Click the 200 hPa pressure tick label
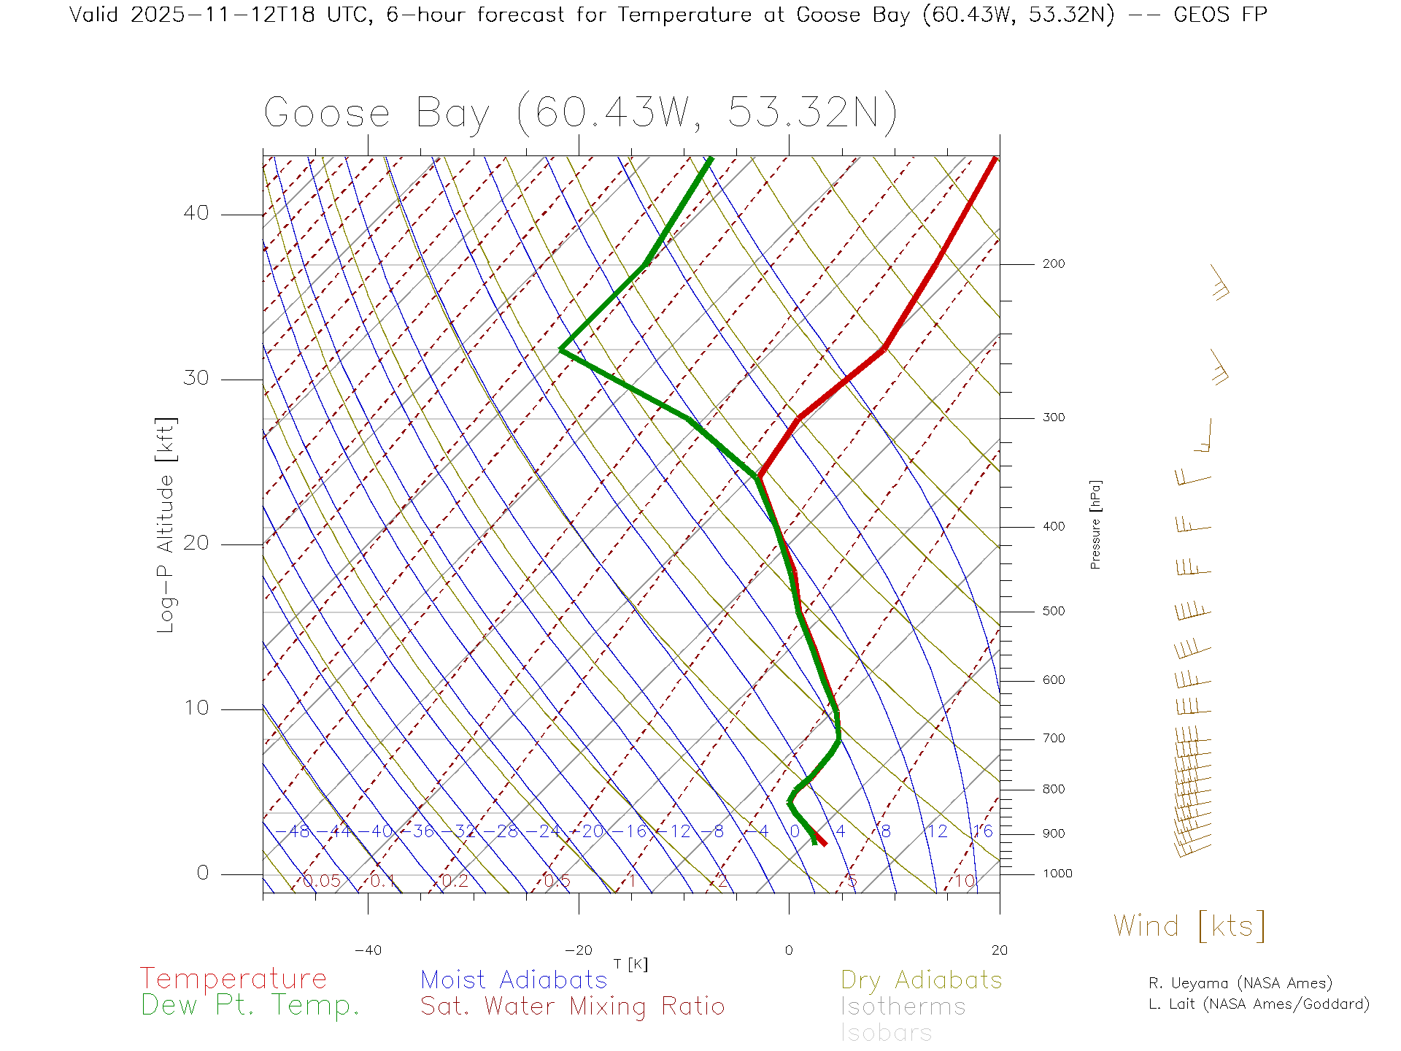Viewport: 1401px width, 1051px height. tap(1053, 264)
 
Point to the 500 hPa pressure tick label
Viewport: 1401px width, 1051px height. tap(1053, 612)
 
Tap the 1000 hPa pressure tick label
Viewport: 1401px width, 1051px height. tap(1057, 874)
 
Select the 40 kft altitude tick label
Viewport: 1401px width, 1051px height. tap(196, 213)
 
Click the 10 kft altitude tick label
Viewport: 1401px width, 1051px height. tap(196, 708)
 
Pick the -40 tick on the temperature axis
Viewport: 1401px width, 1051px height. tap(368, 950)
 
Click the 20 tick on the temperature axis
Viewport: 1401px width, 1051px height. tap(999, 950)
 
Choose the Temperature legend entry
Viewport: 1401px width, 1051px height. tap(233, 979)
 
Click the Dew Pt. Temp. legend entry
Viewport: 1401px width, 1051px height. tap(250, 1006)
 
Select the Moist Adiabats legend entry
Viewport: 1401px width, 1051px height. tap(514, 979)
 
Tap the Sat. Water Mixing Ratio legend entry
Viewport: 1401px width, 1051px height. tap(572, 1006)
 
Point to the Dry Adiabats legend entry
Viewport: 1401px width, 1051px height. tap(922, 979)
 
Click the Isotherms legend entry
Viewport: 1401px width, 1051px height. tap(903, 1006)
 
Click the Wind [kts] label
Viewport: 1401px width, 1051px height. tap(1189, 926)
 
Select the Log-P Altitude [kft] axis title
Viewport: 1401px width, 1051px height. tap(166, 525)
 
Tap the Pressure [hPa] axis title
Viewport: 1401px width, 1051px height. tap(1095, 524)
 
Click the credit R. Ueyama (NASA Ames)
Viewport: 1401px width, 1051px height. tap(1240, 983)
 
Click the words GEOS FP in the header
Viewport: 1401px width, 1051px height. tap(1220, 15)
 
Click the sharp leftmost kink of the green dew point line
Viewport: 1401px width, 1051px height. tap(561, 350)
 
